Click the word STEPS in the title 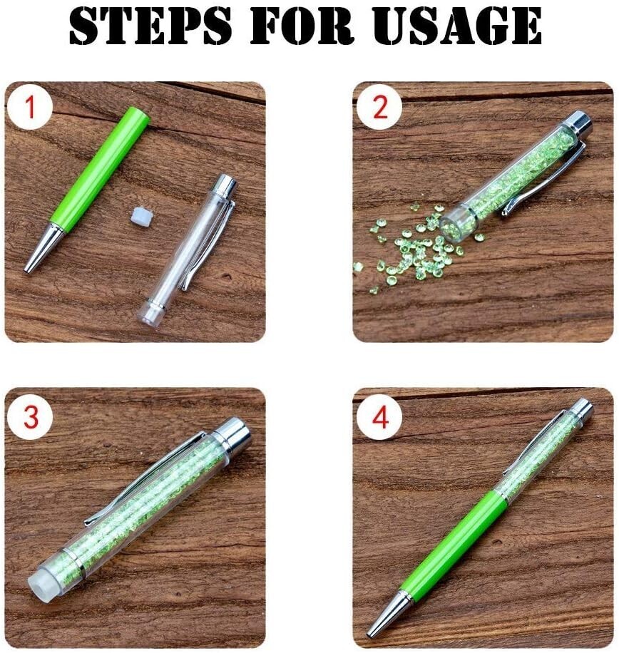[150, 25]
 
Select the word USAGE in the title [456, 25]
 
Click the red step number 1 [29, 107]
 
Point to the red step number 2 [379, 107]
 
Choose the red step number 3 [31, 416]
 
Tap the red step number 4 [380, 417]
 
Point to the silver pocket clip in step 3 [142, 479]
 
